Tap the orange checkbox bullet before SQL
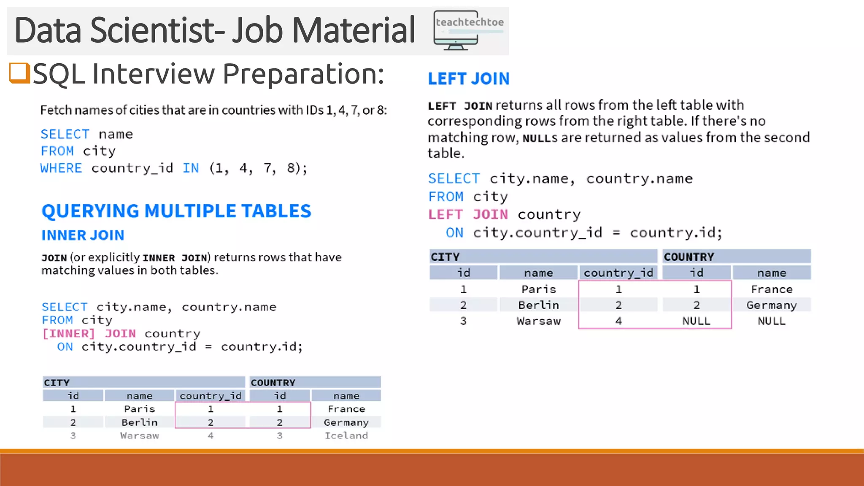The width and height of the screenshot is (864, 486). point(19,73)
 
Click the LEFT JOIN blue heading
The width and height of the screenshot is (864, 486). point(469,79)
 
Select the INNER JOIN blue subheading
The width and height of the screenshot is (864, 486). point(83,235)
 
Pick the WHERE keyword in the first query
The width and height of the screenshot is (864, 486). point(61,168)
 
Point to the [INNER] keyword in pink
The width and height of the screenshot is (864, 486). point(68,334)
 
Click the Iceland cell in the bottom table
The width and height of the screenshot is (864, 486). point(346,435)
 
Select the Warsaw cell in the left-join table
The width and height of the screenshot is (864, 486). point(538,321)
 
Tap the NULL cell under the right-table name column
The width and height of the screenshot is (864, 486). point(771,321)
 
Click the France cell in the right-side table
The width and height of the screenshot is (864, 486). point(771,289)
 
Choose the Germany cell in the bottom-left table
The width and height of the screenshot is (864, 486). point(346,422)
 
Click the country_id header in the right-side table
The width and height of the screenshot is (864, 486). point(618,273)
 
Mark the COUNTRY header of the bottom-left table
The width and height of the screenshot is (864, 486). point(273,383)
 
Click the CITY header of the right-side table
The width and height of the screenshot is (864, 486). point(445,257)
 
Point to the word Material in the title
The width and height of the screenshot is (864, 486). point(354,30)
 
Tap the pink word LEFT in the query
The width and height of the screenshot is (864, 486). point(445,215)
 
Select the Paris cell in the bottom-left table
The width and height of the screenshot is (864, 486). point(139,409)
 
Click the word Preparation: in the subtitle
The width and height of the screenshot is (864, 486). point(303,74)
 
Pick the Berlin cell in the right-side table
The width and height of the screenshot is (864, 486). point(538,305)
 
